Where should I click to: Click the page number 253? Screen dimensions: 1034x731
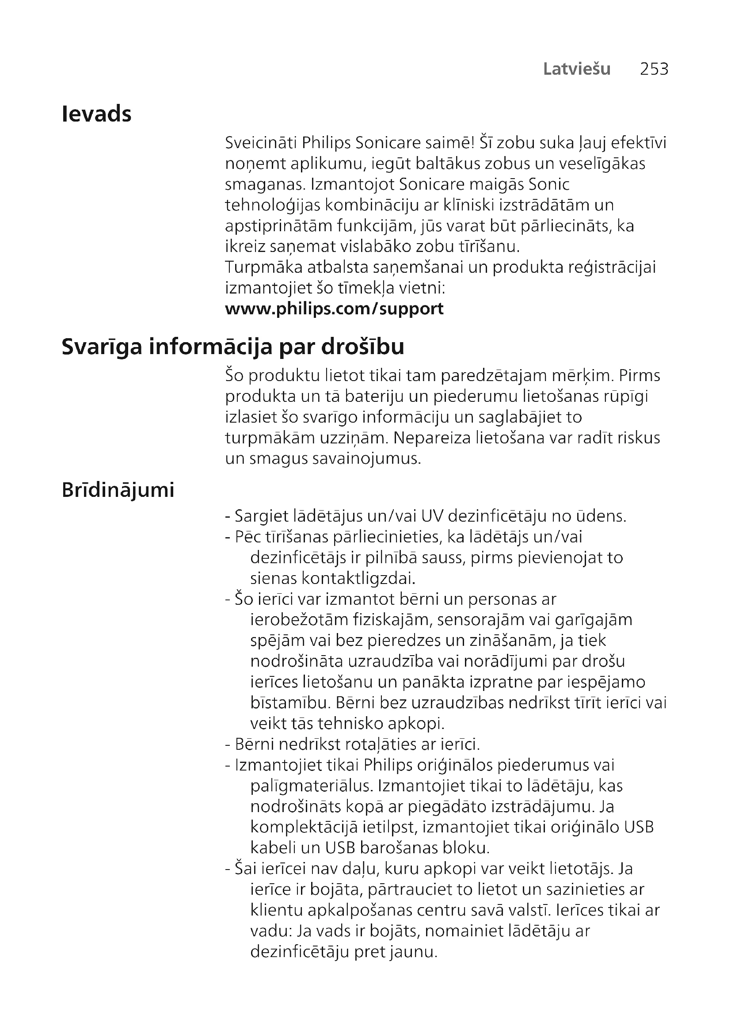tap(654, 69)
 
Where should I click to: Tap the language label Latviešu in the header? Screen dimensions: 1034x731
tap(577, 69)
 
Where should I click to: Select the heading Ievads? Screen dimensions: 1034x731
tap(96, 114)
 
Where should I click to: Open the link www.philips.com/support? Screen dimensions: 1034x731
tap(334, 309)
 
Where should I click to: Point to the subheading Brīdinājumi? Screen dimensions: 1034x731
tap(118, 490)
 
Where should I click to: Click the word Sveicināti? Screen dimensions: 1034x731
tap(261, 143)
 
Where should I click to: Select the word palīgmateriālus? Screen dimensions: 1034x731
tap(312, 786)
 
